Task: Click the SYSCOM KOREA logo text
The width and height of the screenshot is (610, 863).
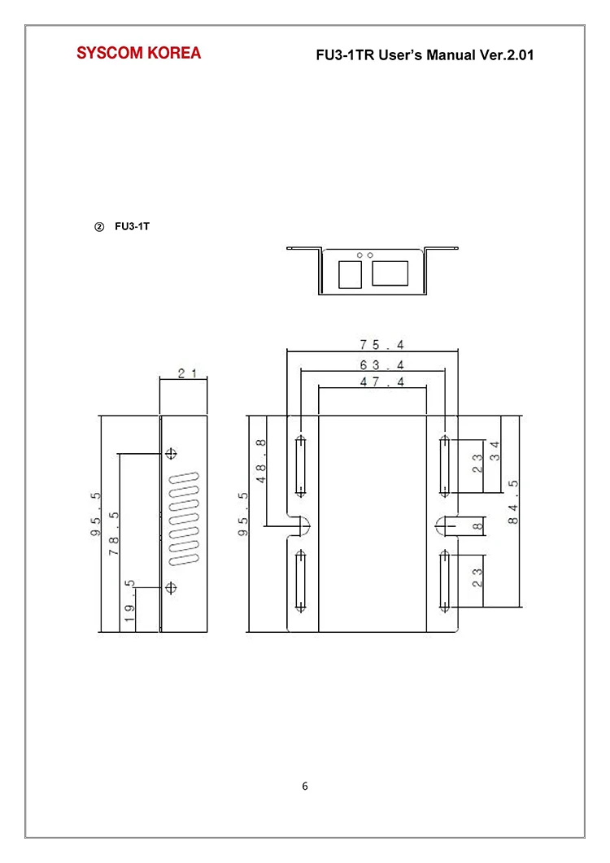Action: click(139, 53)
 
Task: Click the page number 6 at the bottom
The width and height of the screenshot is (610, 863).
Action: click(305, 786)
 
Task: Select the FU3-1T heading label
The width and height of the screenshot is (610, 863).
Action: click(132, 226)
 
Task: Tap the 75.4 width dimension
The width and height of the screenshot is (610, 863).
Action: click(382, 345)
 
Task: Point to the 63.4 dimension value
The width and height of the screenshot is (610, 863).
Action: click(382, 365)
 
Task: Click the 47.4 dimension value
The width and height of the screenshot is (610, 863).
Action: click(382, 381)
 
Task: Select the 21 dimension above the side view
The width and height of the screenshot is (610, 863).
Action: click(187, 373)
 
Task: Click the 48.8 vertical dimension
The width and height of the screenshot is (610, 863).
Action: click(261, 461)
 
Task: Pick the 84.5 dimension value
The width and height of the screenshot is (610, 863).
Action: click(513, 502)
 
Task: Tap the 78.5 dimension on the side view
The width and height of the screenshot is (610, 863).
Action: click(114, 534)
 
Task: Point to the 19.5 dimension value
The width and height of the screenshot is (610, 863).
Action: click(129, 600)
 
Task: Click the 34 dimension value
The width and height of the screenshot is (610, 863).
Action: click(495, 451)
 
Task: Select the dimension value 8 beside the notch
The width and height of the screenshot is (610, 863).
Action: click(477, 526)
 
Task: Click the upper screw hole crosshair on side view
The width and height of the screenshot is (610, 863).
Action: click(172, 454)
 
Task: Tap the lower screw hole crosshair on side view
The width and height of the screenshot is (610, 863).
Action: click(172, 587)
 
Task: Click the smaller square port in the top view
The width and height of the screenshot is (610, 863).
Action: click(350, 274)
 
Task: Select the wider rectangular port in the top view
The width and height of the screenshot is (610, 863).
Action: click(390, 273)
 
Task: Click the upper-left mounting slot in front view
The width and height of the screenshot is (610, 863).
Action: click(301, 465)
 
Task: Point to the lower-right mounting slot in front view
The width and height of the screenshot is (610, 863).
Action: click(444, 582)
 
